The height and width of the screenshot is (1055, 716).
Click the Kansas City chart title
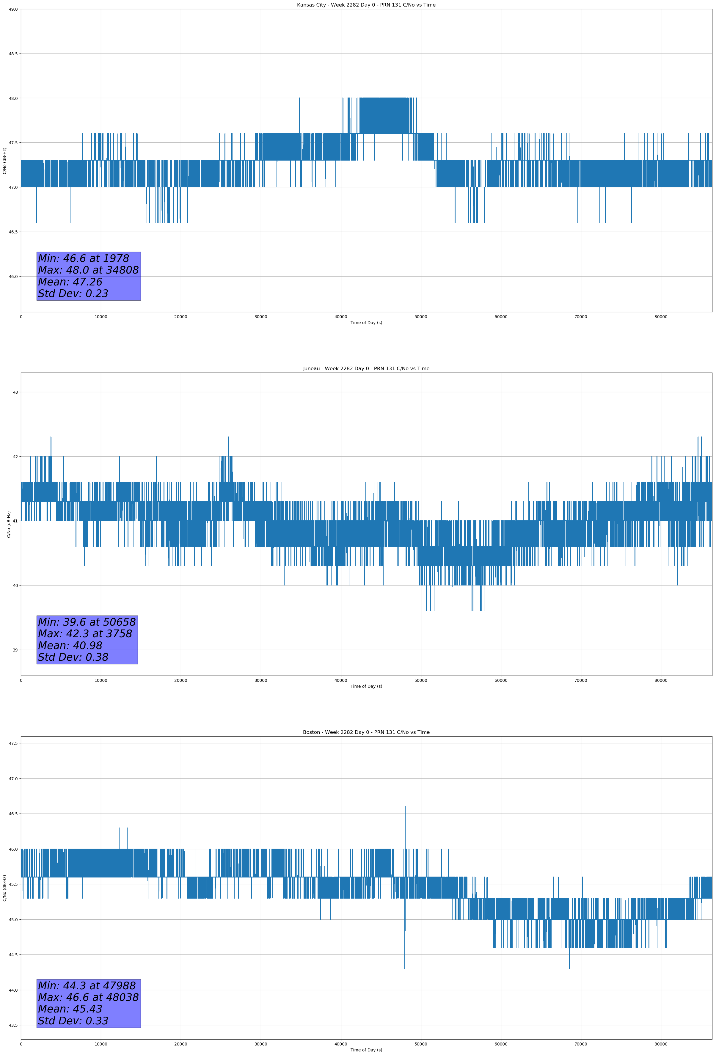coord(366,5)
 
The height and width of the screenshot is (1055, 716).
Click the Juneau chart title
coord(366,369)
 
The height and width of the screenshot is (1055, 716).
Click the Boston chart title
coord(366,732)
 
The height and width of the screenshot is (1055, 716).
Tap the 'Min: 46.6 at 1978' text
coord(84,258)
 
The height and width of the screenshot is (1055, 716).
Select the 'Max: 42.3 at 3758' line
coord(85,634)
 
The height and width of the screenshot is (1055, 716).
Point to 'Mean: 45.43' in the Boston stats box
coord(70,1009)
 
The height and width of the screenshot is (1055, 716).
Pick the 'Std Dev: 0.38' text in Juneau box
coord(73,657)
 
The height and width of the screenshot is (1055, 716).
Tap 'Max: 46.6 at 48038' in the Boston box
coord(88,997)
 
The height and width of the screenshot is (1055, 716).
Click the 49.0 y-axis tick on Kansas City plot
coord(13,9)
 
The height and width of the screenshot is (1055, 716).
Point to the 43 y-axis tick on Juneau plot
coord(15,392)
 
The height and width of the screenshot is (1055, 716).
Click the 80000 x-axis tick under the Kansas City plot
coord(661,317)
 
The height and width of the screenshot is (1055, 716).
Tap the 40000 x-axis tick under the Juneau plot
coord(340,680)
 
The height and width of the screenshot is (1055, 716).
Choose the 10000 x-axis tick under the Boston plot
coord(101,1044)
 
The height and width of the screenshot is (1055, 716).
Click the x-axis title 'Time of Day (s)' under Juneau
coord(366,686)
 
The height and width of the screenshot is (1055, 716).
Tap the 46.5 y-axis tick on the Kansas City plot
coord(13,232)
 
